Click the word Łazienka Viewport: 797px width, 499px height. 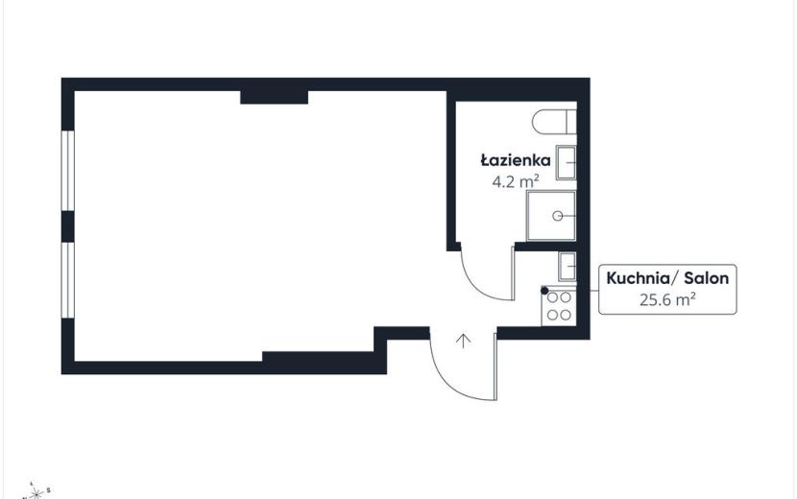(x=516, y=160)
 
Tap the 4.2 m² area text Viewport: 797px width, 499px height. (x=516, y=181)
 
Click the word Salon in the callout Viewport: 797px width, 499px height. (x=706, y=278)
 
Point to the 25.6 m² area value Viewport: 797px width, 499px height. (x=667, y=299)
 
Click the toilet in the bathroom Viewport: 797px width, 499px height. (x=554, y=122)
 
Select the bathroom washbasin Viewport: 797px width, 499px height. (x=566, y=162)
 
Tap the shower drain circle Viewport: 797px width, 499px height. (x=558, y=216)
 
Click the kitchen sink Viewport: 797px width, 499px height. (x=567, y=266)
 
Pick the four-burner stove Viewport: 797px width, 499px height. (x=559, y=306)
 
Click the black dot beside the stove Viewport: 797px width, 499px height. (x=544, y=291)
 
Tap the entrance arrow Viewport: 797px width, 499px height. (x=463, y=341)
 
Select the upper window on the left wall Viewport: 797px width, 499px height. (x=67, y=171)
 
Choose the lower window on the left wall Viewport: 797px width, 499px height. (x=67, y=280)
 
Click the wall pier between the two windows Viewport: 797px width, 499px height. (x=67, y=226)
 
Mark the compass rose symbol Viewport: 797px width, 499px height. (x=36, y=491)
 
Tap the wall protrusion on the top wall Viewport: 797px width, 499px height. (x=274, y=98)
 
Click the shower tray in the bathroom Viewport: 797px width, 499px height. (x=551, y=216)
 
